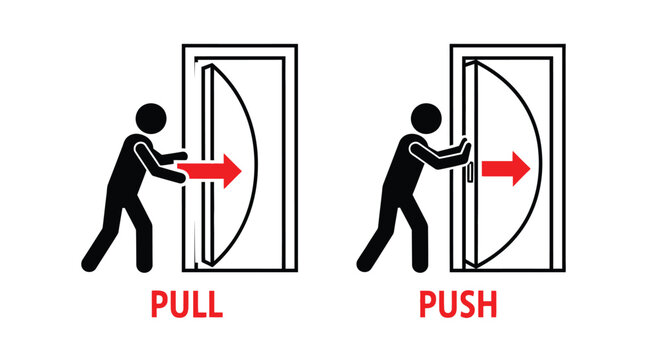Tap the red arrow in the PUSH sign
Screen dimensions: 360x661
(x=504, y=168)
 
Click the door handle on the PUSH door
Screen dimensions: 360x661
(x=467, y=172)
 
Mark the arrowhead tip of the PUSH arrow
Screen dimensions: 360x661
(x=527, y=168)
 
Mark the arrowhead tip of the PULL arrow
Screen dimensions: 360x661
(x=241, y=171)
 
